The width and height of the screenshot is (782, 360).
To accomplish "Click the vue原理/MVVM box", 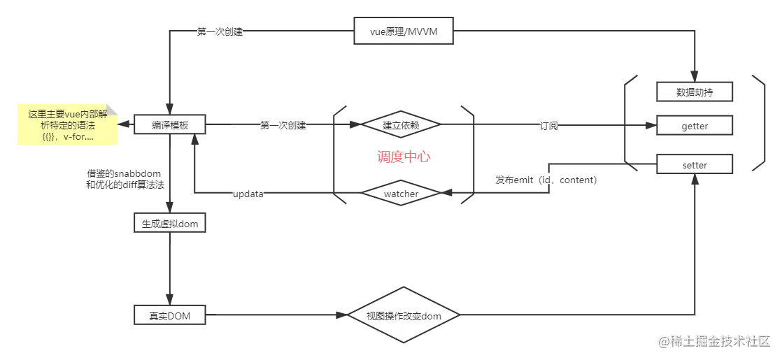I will coord(405,32).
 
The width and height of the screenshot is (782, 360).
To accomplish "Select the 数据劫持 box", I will coord(694,92).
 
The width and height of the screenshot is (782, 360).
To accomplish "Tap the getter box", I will coord(694,126).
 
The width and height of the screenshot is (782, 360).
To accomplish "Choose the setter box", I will coord(694,165).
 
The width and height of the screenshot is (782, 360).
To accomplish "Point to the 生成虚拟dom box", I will coord(169,224).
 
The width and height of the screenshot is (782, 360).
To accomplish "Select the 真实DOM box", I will coord(169,316).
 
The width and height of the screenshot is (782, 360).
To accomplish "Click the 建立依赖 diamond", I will coord(401,125).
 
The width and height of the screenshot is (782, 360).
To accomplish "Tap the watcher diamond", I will coord(401,192).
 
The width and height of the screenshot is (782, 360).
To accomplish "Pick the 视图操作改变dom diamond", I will coord(404,316).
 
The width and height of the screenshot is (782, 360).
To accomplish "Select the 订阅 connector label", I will coord(548,126).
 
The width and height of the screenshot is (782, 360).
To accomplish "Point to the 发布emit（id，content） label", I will coord(546,180).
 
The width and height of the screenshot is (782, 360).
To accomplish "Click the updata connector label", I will coord(249,193).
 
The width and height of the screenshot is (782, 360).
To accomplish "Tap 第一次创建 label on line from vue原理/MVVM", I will coord(220,32).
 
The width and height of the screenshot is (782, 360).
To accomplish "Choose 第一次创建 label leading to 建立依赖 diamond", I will coord(283,126).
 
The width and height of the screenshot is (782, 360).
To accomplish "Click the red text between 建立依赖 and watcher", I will coord(403,158).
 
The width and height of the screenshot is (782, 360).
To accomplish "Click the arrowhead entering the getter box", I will coord(651,126).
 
